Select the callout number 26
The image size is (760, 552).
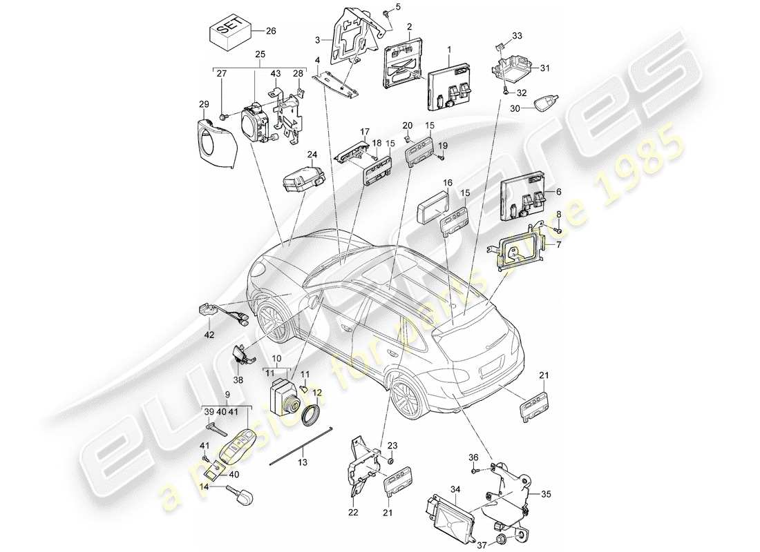[270, 30]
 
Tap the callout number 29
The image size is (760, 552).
[204, 103]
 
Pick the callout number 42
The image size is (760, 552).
[209, 335]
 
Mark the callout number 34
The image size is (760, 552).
[455, 489]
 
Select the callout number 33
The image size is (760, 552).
[517, 36]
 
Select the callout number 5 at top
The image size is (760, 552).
[397, 7]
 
